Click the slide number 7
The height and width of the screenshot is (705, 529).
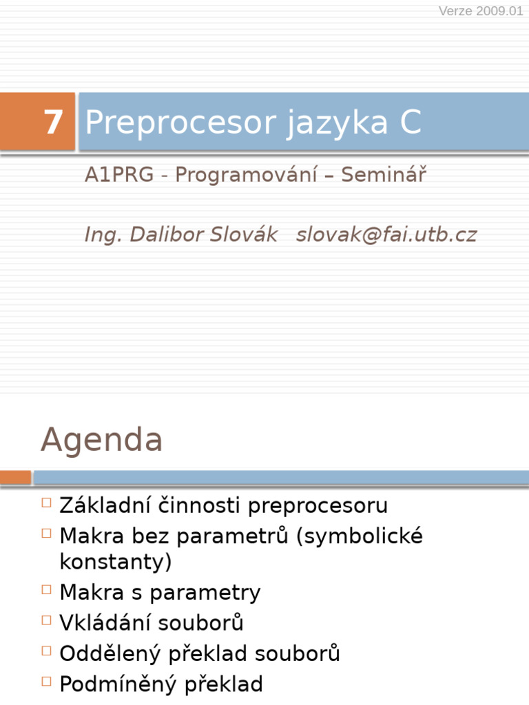click(x=53, y=123)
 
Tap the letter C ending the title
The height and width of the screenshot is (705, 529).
click(x=409, y=123)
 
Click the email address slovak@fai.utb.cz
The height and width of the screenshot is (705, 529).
click(x=386, y=235)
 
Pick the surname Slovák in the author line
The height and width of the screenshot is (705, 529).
click(x=244, y=235)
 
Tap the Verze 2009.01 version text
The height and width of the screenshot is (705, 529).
click(x=481, y=12)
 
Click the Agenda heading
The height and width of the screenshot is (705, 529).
click(x=101, y=439)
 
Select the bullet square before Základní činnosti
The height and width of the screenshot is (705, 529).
click(x=46, y=503)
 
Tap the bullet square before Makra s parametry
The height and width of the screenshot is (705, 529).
click(x=46, y=589)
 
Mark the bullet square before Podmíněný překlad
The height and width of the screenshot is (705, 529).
click(x=46, y=682)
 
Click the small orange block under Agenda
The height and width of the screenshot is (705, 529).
click(x=15, y=477)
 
